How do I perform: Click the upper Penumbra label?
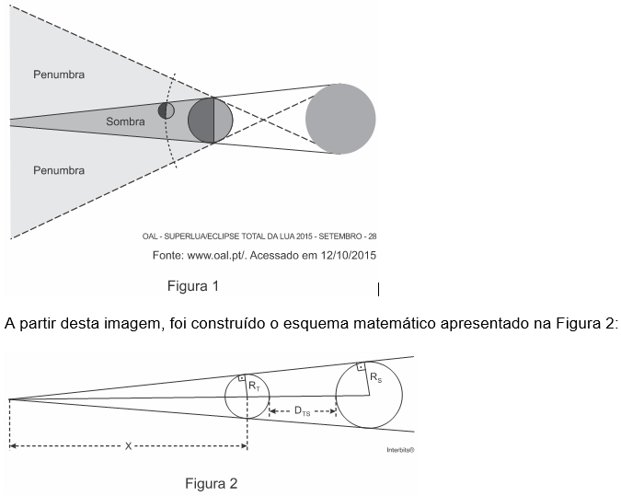[59, 75]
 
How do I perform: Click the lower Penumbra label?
[59, 170]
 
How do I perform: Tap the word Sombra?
[126, 121]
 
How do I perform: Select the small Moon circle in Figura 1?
[167, 110]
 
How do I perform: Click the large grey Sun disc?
[340, 120]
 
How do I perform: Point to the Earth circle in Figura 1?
[211, 121]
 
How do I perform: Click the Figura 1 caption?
[193, 286]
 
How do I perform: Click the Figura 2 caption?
[212, 483]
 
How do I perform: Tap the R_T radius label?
[255, 387]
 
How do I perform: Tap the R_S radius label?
[375, 377]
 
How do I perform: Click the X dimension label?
[129, 446]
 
